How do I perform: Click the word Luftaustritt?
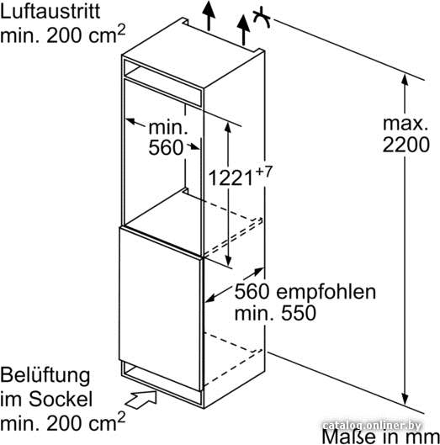click(50, 11)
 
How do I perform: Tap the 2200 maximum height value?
click(406, 145)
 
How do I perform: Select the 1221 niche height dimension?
click(231, 178)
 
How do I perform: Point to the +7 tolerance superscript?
click(263, 172)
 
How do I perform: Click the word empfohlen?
click(326, 292)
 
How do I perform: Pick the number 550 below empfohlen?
click(299, 313)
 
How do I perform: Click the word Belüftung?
click(45, 376)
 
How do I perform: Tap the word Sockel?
click(61, 399)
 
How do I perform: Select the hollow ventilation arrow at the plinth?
click(141, 400)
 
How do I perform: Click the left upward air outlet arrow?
click(209, 16)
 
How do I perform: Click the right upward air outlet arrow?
click(244, 30)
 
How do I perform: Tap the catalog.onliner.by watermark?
click(372, 426)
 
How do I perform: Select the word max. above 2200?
click(406, 124)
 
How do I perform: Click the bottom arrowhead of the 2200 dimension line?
click(405, 399)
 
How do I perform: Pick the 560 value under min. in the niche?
click(166, 147)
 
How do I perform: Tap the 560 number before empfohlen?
click(252, 291)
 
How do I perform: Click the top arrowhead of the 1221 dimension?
click(228, 128)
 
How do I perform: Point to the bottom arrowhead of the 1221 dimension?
click(228, 260)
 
